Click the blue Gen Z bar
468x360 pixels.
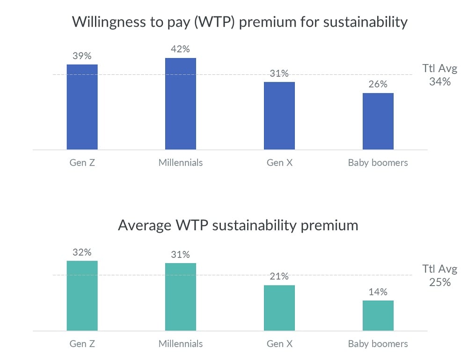coord(82,107)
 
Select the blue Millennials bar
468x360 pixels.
coord(181,103)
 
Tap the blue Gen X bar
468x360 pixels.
coord(279,116)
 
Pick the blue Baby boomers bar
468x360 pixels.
coord(378,121)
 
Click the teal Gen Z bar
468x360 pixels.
coord(82,295)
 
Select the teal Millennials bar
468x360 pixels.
coord(181,297)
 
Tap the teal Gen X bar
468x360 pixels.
coord(279,308)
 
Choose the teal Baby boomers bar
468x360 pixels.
coord(378,316)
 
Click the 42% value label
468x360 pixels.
coord(181,49)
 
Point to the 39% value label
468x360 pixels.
coord(82,56)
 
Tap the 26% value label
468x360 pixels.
coord(378,84)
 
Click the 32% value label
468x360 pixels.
coord(82,252)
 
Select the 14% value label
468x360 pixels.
coord(378,292)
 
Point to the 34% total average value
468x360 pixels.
coord(440,81)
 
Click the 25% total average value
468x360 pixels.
coord(440,282)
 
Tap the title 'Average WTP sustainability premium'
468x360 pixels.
coord(238,225)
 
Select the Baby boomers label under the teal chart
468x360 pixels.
coord(378,344)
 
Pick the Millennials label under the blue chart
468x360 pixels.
coord(181,163)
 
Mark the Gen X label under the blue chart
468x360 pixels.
coord(279,163)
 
